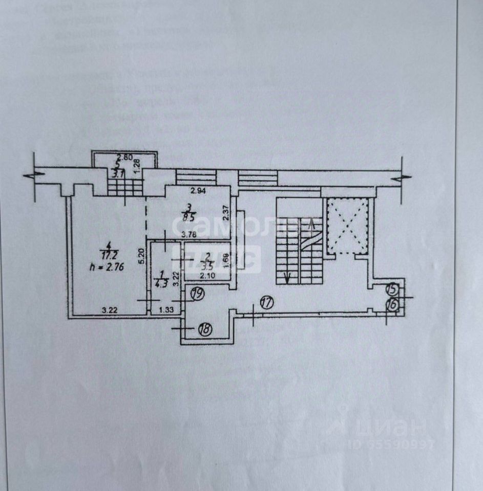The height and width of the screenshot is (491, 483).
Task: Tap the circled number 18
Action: coord(205,329)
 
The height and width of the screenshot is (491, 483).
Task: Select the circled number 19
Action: coord(197,293)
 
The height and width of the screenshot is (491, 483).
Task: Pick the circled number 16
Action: coord(392,303)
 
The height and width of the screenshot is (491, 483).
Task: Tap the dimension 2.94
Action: coord(198,192)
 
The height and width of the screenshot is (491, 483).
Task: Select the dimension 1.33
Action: coord(165,309)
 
